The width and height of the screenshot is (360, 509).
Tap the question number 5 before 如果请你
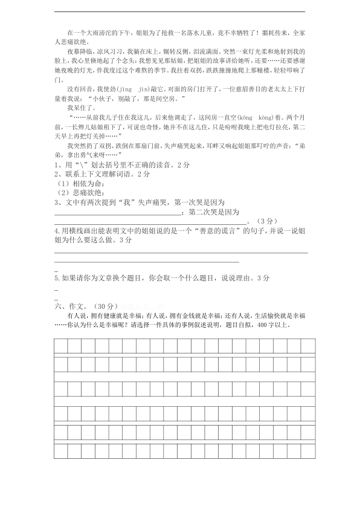56,277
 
